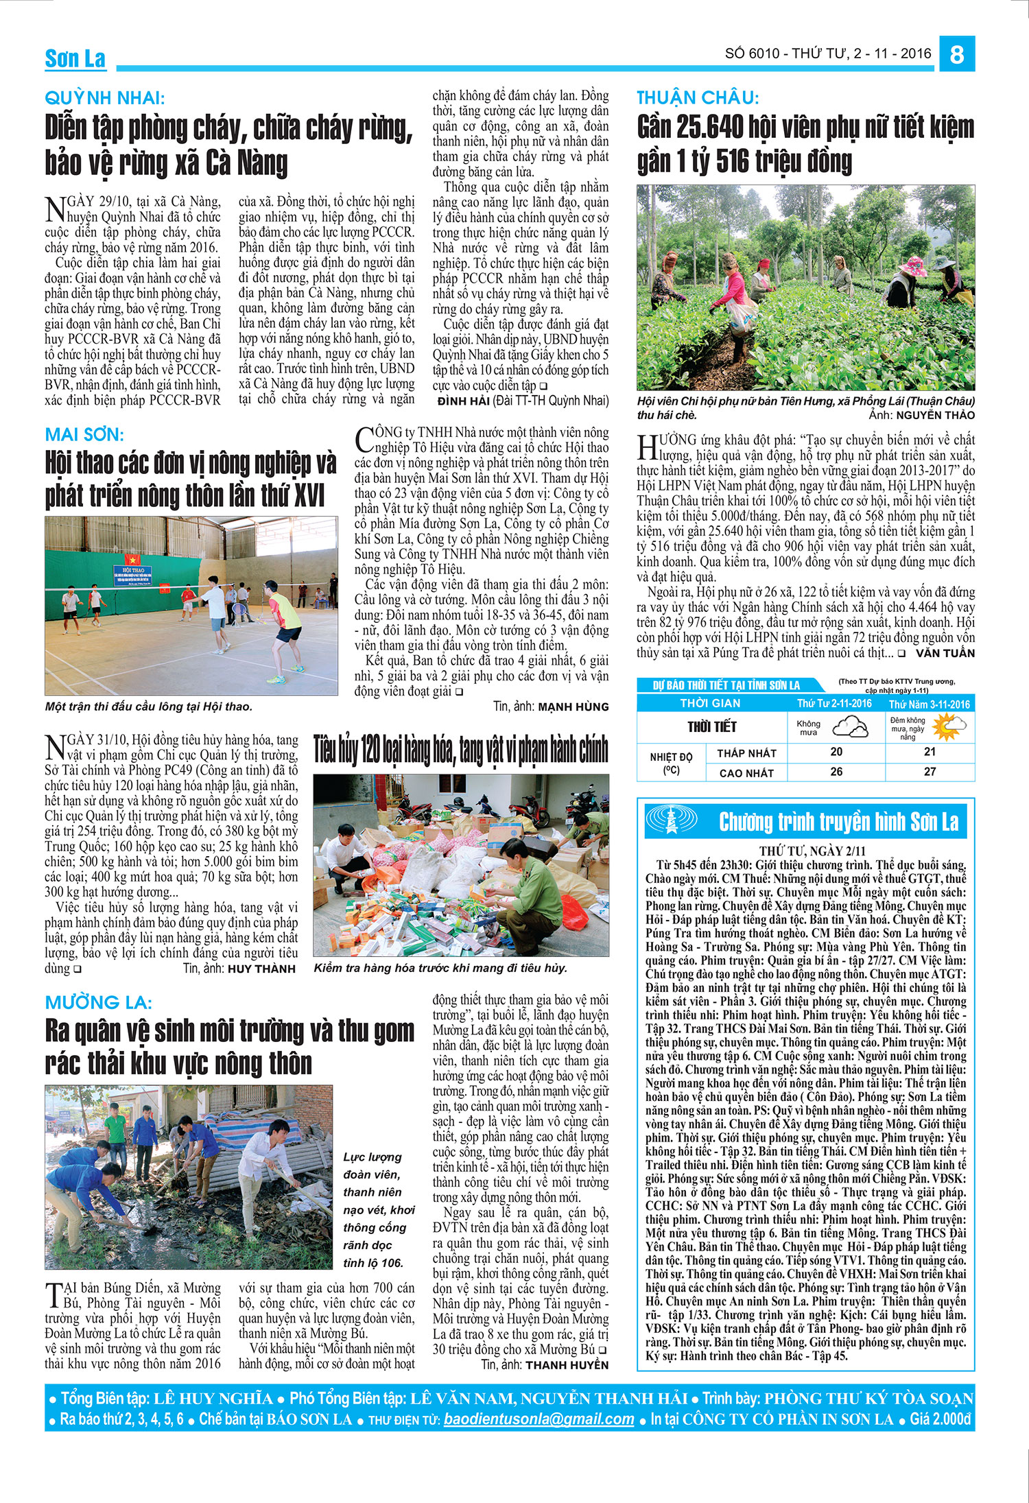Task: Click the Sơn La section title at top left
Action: (x=75, y=59)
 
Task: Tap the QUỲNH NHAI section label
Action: (x=104, y=97)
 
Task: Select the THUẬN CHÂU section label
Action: (x=698, y=97)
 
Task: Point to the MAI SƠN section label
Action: (x=84, y=434)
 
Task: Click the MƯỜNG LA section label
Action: (x=99, y=1002)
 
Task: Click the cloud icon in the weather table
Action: (x=849, y=726)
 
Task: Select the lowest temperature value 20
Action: (x=836, y=752)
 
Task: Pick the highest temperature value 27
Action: (x=930, y=772)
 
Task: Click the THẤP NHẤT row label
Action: (x=746, y=753)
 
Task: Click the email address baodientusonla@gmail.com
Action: (x=539, y=1419)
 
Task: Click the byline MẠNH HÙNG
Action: (x=573, y=707)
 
